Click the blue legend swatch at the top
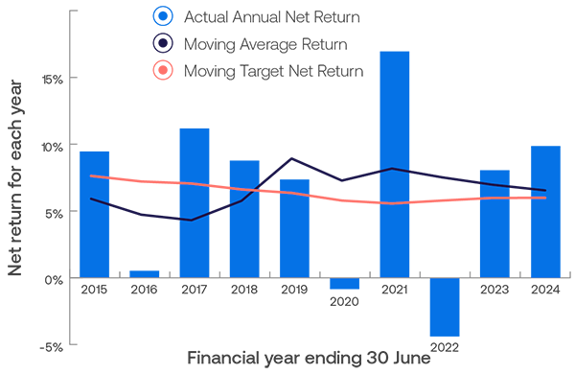[146, 16]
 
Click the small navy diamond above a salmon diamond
[520, 184]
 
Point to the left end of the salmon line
[90, 176]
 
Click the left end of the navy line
[91, 199]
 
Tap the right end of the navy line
[545, 191]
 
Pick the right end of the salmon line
[545, 198]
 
